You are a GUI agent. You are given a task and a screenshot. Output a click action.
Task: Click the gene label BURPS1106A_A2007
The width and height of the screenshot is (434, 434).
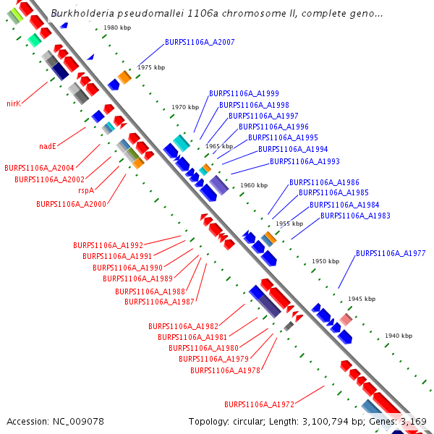point(200,42)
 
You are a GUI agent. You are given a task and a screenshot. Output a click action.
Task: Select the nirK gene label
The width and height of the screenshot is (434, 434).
point(14,103)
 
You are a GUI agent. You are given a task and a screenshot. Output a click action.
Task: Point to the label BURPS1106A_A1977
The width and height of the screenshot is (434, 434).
point(391,253)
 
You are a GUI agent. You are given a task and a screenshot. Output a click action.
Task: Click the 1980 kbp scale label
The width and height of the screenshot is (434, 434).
point(117,27)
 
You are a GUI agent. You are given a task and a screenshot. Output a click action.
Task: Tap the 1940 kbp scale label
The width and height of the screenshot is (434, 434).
point(399,336)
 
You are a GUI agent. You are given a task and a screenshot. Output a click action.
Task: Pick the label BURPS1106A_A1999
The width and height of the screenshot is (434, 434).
point(244,93)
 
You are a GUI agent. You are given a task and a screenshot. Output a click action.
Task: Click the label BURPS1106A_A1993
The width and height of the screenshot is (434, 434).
point(305,161)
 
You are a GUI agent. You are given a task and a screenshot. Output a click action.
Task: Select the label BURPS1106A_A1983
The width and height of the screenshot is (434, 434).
point(355,216)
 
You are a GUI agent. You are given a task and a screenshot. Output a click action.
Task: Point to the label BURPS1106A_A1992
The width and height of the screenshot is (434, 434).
point(108,245)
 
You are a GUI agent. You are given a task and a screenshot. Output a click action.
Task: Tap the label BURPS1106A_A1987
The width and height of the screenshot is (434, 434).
point(159,302)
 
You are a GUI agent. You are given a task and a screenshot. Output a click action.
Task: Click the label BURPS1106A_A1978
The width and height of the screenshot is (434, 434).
point(225,370)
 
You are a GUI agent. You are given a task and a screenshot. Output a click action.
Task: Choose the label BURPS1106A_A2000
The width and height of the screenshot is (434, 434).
point(71,204)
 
